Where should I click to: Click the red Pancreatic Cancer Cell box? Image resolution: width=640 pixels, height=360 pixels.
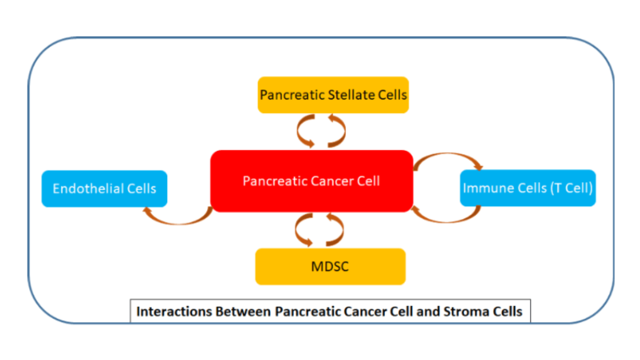311,181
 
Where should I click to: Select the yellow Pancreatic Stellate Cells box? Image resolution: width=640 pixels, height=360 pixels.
333,95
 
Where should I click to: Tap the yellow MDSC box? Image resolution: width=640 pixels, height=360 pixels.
330,266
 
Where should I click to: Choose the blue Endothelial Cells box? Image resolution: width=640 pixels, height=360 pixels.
104,188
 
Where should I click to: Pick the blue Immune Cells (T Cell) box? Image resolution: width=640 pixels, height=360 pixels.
527,188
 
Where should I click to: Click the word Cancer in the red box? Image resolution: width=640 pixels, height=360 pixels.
332,181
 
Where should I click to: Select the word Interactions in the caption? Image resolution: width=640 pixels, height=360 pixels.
174,311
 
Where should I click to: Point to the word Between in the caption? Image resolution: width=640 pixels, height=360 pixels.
243,311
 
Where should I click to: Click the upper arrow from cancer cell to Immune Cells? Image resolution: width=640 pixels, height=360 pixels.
447,154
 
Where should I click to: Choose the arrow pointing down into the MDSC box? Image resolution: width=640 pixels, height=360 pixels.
296,230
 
